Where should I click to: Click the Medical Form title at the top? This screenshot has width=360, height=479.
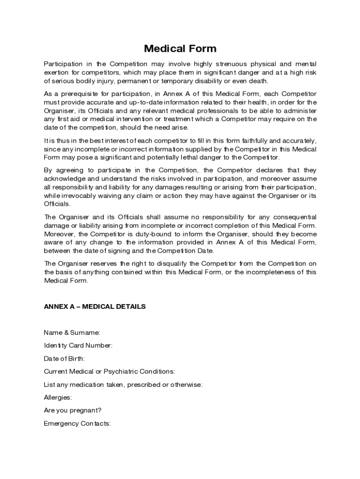point(180,49)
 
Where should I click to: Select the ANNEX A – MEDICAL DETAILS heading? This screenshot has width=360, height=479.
point(94,306)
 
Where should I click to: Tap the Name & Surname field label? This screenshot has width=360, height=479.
point(72,333)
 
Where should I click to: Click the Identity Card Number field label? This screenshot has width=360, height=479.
point(78,346)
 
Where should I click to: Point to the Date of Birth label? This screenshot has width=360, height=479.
point(64,359)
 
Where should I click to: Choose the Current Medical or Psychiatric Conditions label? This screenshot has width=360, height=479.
point(109,371)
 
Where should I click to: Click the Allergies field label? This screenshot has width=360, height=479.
point(58,398)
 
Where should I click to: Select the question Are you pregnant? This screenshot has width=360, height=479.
point(72,410)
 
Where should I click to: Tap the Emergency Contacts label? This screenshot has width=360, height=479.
point(77,423)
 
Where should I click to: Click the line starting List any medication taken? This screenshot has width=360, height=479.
point(122,385)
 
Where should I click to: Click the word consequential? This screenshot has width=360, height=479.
point(292,217)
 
